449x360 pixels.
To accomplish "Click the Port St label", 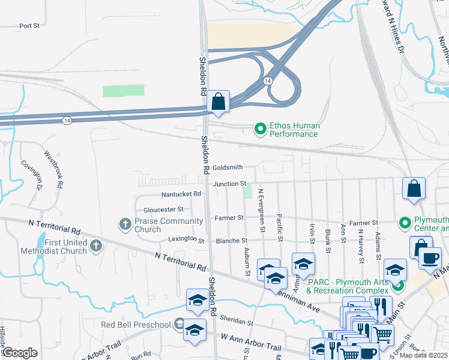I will pyautogui.click(x=29, y=26).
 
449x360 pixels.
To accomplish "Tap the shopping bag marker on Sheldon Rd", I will pyautogui.click(x=218, y=103).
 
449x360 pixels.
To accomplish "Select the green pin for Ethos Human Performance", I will pyautogui.click(x=261, y=128).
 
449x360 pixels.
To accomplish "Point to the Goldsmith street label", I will pyautogui.click(x=227, y=167).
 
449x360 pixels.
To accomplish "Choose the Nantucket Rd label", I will pyautogui.click(x=181, y=194).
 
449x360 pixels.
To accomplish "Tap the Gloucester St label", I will pyautogui.click(x=163, y=209).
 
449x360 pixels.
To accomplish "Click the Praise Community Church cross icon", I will pyautogui.click(x=125, y=224).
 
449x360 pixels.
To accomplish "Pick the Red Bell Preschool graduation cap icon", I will pyautogui.click(x=179, y=325).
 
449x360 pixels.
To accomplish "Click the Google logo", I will pyautogui.click(x=20, y=352).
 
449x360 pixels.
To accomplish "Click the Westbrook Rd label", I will pyautogui.click(x=54, y=169).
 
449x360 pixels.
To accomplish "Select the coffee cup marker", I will pyautogui.click(x=429, y=258).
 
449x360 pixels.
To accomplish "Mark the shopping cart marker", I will pyautogui.click(x=383, y=333).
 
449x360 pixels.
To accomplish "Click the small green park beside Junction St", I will pyautogui.click(x=248, y=192).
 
